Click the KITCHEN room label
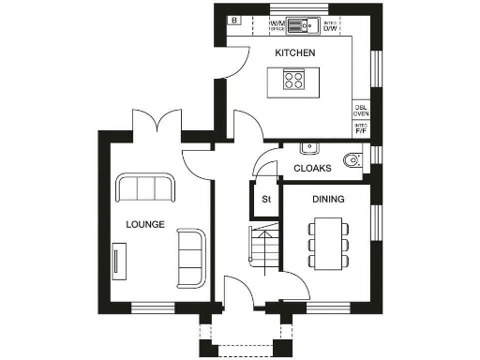point(294,53)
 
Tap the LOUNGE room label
point(145,224)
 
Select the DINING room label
point(327,199)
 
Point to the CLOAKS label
point(311,169)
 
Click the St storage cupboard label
point(265,199)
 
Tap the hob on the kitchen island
point(293,81)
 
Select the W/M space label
point(277,25)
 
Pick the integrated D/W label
point(329,26)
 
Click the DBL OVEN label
point(360,112)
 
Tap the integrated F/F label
point(360,129)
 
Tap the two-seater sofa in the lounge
point(191,258)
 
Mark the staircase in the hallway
point(262,247)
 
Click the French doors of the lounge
point(156,126)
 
